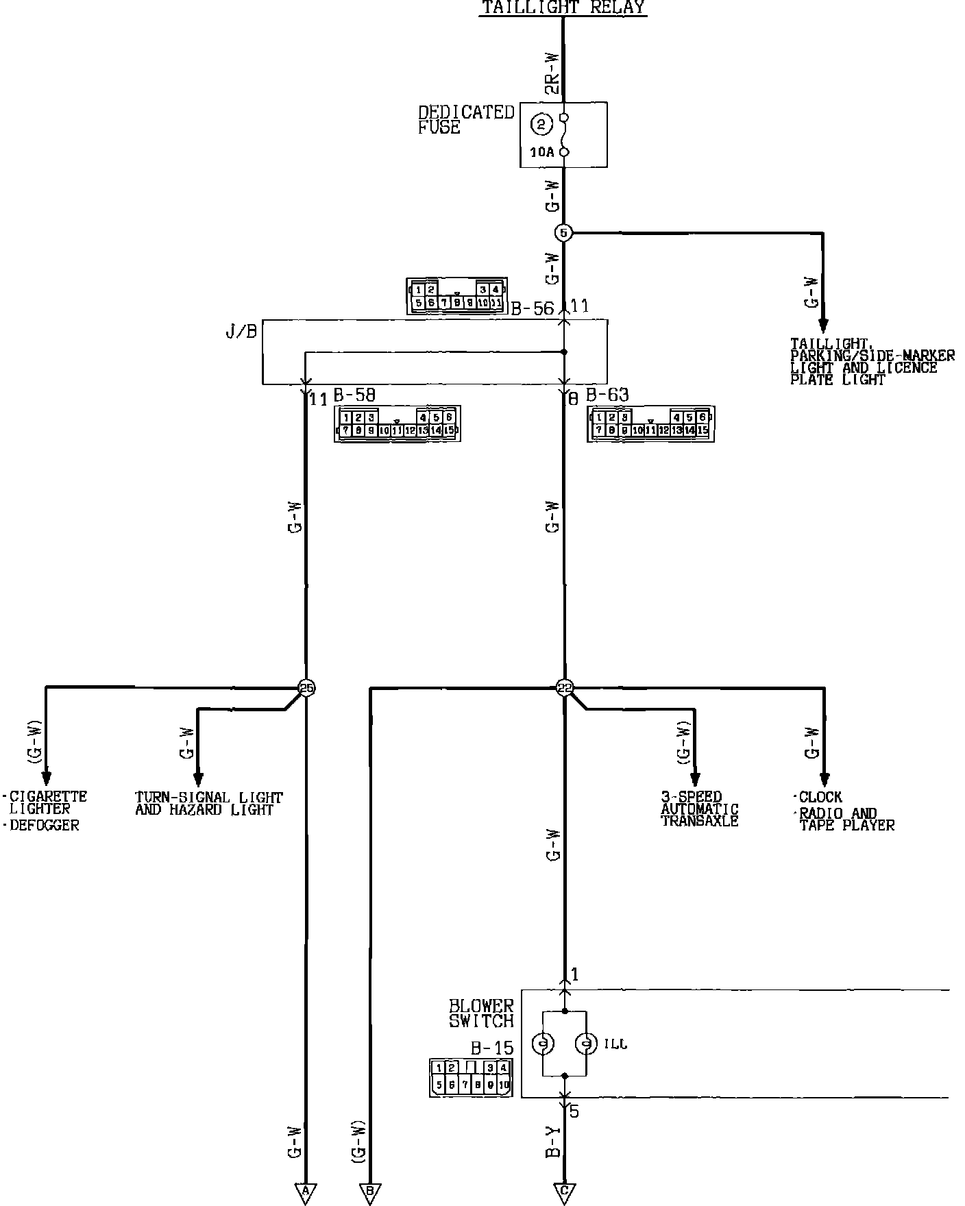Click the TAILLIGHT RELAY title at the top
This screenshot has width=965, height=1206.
click(x=563, y=8)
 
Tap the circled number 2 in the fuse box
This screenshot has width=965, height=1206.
click(x=541, y=125)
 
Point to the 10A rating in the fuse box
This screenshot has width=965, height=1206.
click(x=541, y=153)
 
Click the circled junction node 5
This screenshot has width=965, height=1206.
click(x=563, y=233)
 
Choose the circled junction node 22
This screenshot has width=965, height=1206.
click(x=564, y=688)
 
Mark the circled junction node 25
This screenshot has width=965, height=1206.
click(x=307, y=688)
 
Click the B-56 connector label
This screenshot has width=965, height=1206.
click(x=532, y=308)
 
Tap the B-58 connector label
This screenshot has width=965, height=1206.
click(x=354, y=396)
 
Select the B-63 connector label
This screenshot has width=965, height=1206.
click(x=607, y=395)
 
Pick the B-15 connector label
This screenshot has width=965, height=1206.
click(x=491, y=1049)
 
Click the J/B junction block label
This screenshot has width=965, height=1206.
click(x=241, y=332)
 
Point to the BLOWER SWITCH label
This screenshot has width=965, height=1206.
click(x=481, y=1013)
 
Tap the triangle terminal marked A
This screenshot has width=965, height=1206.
click(x=305, y=1192)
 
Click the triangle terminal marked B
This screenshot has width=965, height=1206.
click(x=370, y=1192)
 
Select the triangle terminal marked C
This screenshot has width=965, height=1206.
click(x=564, y=1192)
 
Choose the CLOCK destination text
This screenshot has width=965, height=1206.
click(x=820, y=798)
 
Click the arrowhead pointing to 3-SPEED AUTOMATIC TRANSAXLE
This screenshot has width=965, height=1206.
click(x=694, y=779)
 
